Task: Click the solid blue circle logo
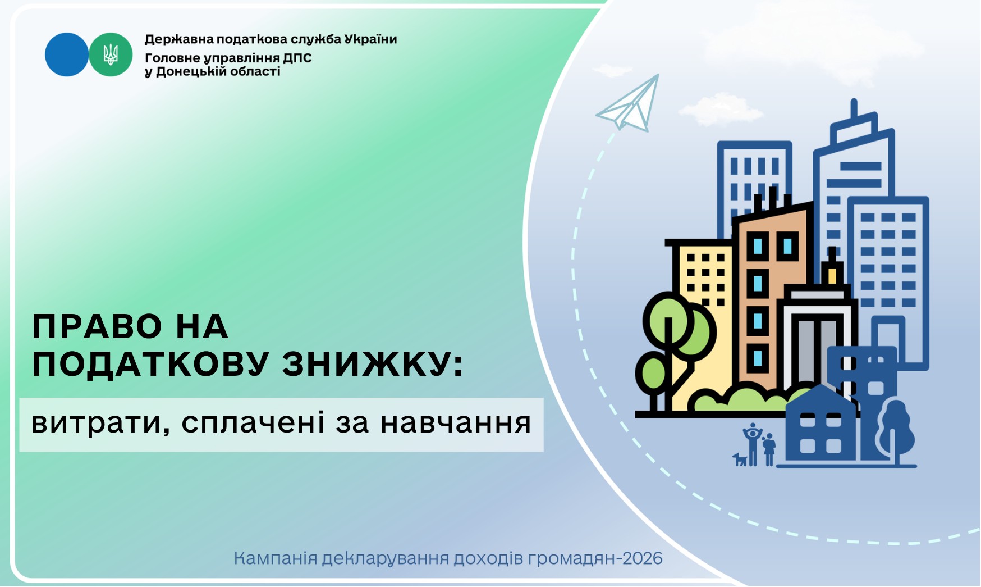[x=67, y=54]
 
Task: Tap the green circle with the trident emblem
[x=111, y=54]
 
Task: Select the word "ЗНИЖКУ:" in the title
[x=373, y=364]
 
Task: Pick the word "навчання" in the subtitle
[x=456, y=423]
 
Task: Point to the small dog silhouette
[x=740, y=459]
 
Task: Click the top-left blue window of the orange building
[x=758, y=245]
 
